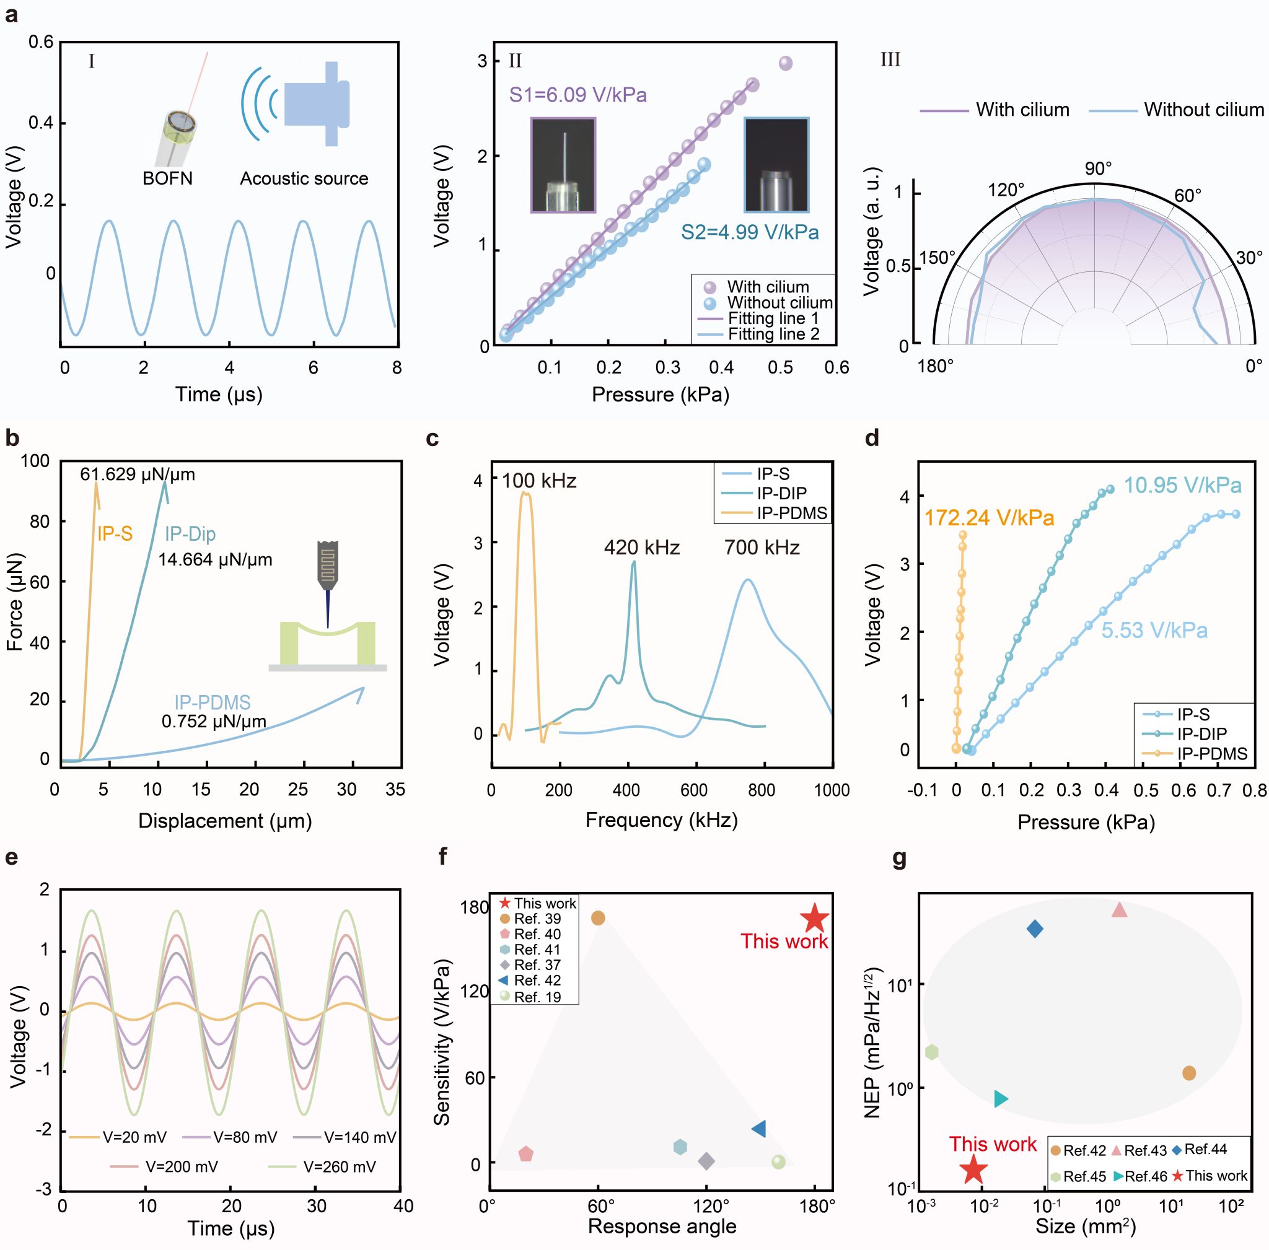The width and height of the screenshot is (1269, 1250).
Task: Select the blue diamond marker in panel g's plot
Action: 1035,929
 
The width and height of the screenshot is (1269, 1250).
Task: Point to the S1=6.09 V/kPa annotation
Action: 578,95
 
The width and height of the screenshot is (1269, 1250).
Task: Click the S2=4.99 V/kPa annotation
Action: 750,232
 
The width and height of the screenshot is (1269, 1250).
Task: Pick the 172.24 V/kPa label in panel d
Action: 988,518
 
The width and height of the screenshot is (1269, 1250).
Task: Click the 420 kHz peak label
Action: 642,548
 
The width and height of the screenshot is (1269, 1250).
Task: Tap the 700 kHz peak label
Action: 762,548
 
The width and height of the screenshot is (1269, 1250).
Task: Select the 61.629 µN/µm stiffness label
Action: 138,474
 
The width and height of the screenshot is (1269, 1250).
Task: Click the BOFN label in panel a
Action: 167,178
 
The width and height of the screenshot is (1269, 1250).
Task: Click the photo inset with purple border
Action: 563,165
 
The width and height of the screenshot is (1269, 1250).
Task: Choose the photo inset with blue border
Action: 776,165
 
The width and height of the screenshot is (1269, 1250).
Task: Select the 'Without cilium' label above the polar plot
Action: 1203,110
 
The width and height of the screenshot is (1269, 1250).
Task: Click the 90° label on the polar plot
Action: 1097,168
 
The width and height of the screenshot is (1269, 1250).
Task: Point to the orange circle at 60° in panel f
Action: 598,918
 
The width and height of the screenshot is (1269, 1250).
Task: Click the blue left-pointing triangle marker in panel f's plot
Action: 758,1129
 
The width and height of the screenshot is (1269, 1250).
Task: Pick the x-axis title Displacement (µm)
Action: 225,821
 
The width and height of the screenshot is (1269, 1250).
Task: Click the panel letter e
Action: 11,857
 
